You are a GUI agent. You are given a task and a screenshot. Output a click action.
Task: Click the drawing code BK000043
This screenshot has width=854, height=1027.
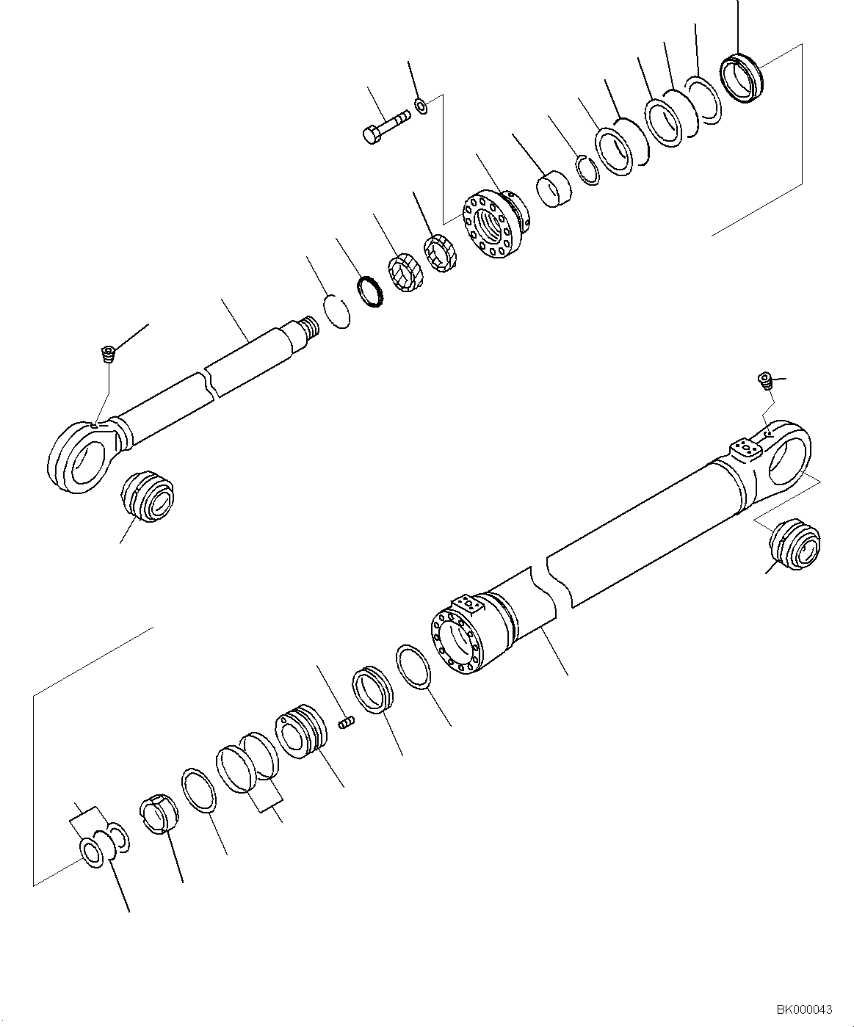[x=804, y=1010]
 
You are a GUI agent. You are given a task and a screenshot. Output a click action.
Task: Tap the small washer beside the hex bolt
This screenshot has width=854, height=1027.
[x=421, y=105]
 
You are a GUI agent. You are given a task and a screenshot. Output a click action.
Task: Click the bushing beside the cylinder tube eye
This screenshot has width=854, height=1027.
[x=795, y=545]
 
